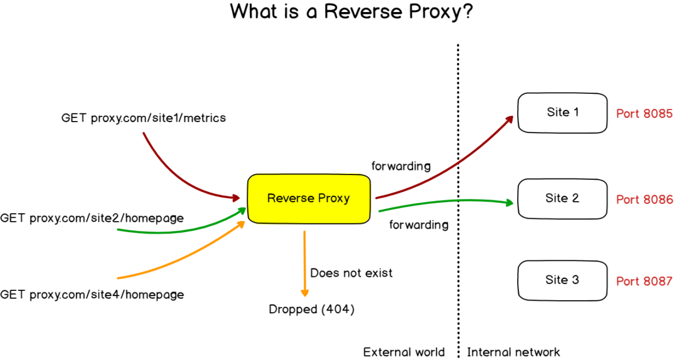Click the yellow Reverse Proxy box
click(308, 199)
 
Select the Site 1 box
click(562, 113)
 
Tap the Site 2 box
click(562, 199)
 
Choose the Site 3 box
click(562, 281)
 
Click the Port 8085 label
click(644, 113)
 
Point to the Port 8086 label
click(644, 200)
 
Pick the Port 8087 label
click(644, 282)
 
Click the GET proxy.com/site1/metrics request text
click(143, 118)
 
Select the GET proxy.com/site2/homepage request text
click(92, 218)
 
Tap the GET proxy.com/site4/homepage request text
click(92, 295)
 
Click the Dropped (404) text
click(312, 310)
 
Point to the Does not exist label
click(351, 272)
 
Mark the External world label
click(404, 352)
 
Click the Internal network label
click(513, 352)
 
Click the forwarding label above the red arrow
click(401, 166)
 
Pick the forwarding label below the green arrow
click(419, 225)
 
